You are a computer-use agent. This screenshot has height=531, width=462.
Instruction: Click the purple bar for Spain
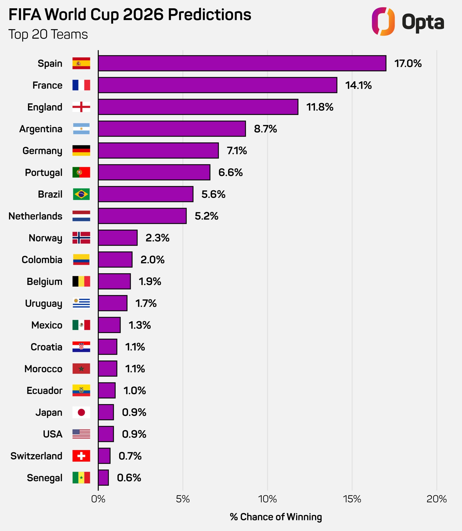[x=242, y=63]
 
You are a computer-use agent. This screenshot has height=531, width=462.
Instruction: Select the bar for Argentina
[x=172, y=129]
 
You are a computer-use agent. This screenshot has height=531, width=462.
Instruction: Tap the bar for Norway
[x=118, y=238]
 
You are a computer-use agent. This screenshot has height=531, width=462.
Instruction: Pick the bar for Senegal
[x=103, y=477]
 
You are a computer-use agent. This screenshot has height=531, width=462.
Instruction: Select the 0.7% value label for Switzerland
[x=130, y=456]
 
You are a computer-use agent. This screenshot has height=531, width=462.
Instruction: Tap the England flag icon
[x=81, y=107]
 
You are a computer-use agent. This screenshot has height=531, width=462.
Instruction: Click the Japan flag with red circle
[x=81, y=412]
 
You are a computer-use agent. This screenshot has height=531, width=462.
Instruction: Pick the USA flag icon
[x=81, y=434]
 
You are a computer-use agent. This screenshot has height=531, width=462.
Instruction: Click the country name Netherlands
[x=35, y=216]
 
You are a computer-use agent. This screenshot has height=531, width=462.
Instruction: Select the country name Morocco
[x=43, y=369]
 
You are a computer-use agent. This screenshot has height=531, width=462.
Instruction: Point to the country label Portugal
[x=44, y=172]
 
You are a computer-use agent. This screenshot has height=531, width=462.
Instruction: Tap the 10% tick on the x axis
[x=267, y=499]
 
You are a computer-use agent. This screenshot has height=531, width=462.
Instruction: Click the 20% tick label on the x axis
[x=437, y=499]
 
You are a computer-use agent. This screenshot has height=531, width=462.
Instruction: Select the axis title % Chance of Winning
[x=276, y=517]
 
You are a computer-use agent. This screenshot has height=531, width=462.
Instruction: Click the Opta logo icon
[x=383, y=21]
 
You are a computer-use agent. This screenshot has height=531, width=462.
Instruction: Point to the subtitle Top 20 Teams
[x=48, y=34]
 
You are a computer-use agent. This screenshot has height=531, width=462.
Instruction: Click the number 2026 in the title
[x=143, y=14]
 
